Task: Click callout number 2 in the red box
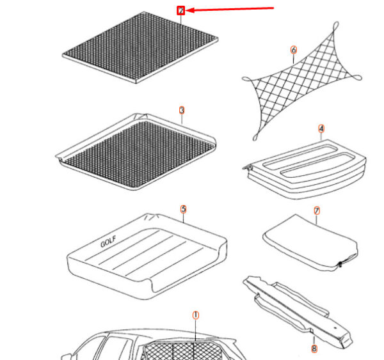click(x=181, y=11)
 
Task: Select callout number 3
click(x=182, y=111)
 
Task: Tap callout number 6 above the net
click(x=294, y=49)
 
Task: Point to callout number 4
click(x=321, y=129)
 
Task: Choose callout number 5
click(x=182, y=209)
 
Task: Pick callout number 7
click(x=317, y=210)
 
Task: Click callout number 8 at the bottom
click(x=314, y=348)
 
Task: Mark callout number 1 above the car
click(x=196, y=315)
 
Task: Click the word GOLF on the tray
click(x=110, y=242)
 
